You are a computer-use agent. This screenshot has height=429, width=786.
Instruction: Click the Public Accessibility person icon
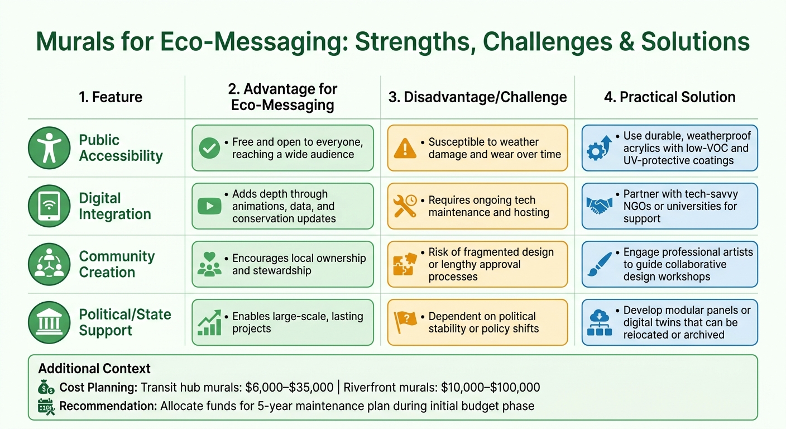pyautogui.click(x=49, y=148)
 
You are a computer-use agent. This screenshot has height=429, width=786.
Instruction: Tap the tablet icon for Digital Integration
pyautogui.click(x=49, y=206)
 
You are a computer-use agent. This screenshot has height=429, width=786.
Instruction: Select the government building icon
pyautogui.click(x=49, y=322)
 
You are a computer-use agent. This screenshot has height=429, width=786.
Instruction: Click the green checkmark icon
pyautogui.click(x=209, y=148)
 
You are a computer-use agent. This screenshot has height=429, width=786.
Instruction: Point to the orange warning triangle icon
pyautogui.click(x=405, y=148)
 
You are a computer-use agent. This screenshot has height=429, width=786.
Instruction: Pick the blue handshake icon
pyautogui.click(x=600, y=206)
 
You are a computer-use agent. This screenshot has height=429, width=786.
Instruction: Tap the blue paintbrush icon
pyautogui.click(x=600, y=264)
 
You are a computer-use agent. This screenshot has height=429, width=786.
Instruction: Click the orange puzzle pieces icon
pyautogui.click(x=405, y=264)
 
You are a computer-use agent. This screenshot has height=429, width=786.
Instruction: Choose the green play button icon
pyautogui.click(x=209, y=206)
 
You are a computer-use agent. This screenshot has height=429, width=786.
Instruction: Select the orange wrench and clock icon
pyautogui.click(x=405, y=206)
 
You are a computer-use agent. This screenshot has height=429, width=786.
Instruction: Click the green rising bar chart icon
pyautogui.click(x=209, y=322)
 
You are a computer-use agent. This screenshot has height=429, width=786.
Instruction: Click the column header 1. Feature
pyautogui.click(x=111, y=97)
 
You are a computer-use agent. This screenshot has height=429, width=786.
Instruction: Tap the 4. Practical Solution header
pyautogui.click(x=669, y=97)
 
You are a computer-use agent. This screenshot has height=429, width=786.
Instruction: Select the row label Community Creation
pyautogui.click(x=117, y=264)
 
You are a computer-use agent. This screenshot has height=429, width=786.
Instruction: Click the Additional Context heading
pyautogui.click(x=94, y=369)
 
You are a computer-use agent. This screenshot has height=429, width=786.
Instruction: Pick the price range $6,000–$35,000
pyautogui.click(x=289, y=388)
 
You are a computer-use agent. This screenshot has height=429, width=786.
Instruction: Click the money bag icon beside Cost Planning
pyautogui.click(x=46, y=387)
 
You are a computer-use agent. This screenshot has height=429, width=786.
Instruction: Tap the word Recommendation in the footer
pyautogui.click(x=108, y=406)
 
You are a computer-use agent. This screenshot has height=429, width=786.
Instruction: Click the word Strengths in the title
pyautogui.click(x=415, y=42)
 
